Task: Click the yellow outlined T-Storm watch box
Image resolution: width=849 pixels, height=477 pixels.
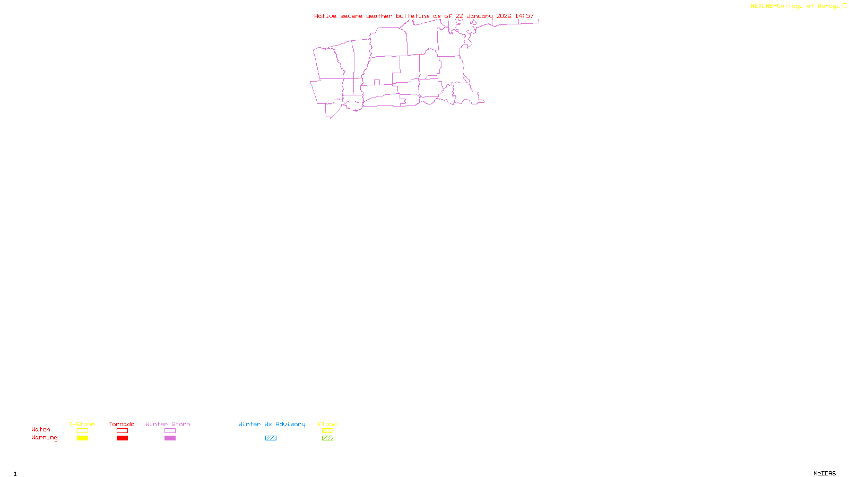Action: click(82, 431)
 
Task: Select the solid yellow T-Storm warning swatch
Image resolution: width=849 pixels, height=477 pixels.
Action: click(82, 438)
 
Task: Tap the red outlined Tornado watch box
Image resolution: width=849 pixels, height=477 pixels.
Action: click(122, 431)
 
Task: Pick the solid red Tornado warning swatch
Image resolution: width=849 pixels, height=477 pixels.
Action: click(122, 438)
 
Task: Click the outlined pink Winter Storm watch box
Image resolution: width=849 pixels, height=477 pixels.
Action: click(170, 431)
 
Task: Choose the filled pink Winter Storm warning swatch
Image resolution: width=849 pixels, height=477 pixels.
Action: click(170, 438)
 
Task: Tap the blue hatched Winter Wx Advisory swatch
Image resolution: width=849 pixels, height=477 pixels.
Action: click(271, 438)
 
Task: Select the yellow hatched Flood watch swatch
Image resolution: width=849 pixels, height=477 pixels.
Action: click(327, 431)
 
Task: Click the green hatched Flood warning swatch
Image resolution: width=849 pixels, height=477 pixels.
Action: click(327, 438)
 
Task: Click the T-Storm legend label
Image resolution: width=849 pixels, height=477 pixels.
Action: click(82, 424)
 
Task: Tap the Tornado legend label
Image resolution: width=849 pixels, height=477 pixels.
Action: click(122, 424)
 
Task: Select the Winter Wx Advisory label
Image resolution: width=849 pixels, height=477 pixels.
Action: click(272, 424)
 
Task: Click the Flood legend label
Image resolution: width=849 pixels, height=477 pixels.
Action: click(327, 424)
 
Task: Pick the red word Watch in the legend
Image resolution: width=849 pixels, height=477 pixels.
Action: click(41, 429)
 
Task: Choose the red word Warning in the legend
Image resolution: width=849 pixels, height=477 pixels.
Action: click(44, 438)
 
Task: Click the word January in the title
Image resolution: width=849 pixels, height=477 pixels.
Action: click(480, 16)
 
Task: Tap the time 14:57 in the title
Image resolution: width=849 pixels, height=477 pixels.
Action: click(524, 16)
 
